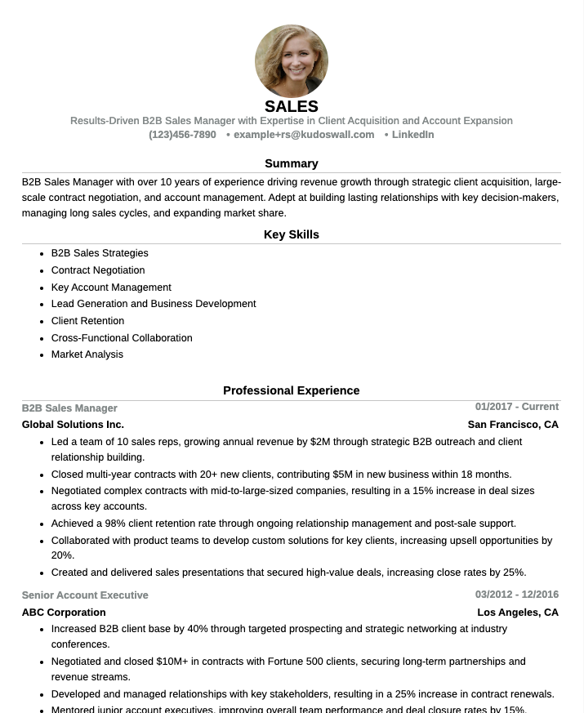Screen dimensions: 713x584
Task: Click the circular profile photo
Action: (x=292, y=61)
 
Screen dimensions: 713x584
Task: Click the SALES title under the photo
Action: (x=292, y=107)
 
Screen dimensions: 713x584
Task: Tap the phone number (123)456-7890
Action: (x=182, y=135)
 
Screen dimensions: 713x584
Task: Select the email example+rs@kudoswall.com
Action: (x=303, y=135)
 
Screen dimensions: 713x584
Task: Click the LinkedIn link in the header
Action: (x=412, y=135)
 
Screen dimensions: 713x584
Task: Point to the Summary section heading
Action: (x=292, y=163)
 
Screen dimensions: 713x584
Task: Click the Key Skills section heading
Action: (x=292, y=234)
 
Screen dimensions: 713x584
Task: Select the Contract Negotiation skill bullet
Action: (x=98, y=270)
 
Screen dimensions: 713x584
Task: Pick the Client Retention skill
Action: (x=87, y=321)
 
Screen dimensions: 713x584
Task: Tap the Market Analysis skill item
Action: (x=87, y=354)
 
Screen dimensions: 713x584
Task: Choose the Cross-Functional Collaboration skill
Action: (x=122, y=338)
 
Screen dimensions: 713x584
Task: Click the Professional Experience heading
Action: (x=292, y=390)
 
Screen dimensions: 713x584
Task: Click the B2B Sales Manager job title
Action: (x=69, y=408)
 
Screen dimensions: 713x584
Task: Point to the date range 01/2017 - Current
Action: (x=517, y=407)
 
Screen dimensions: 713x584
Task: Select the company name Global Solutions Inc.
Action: (x=73, y=425)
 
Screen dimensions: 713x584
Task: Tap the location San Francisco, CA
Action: (x=513, y=425)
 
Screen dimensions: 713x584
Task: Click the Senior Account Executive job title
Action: (x=85, y=595)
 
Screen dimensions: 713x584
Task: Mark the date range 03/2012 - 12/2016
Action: (x=517, y=595)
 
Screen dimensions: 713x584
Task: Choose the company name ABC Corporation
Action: (x=64, y=613)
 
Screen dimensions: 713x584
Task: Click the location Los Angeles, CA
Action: (x=518, y=613)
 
